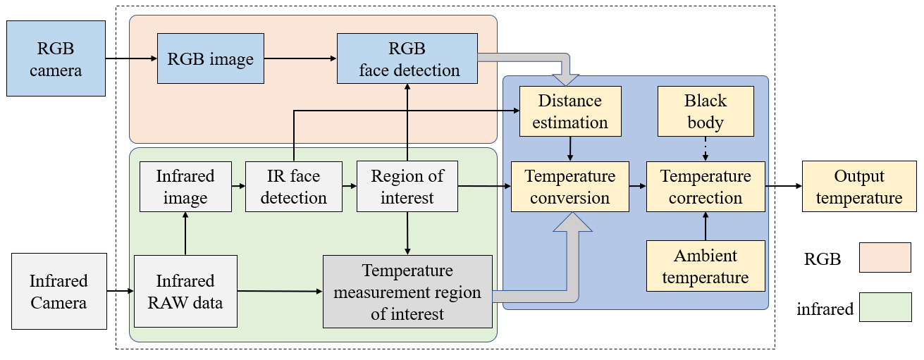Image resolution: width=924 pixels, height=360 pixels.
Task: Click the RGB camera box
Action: tap(56, 58)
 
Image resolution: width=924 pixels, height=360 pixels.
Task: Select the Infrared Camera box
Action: tap(59, 291)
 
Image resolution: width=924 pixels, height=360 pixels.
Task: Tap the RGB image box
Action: tap(211, 59)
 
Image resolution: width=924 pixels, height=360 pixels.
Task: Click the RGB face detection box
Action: tap(407, 59)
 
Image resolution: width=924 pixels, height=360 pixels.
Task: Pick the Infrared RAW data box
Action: tap(185, 291)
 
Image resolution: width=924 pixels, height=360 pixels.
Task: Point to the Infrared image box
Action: tap(185, 187)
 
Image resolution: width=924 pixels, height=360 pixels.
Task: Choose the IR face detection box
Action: tap(293, 187)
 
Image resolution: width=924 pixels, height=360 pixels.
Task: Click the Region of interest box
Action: tap(407, 187)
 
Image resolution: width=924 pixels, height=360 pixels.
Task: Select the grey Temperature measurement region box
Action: tap(407, 291)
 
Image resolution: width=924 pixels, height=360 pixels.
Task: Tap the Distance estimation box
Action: tap(570, 111)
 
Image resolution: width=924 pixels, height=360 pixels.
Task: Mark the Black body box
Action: tap(705, 111)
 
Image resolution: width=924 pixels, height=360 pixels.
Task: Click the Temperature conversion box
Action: tap(570, 187)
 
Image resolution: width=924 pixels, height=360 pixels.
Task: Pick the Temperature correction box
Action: tap(706, 187)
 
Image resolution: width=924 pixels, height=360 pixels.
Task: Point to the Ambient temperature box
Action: tap(706, 266)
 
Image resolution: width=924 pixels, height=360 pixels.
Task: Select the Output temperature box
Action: tap(858, 187)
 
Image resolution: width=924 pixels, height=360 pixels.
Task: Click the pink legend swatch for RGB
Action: tap(885, 258)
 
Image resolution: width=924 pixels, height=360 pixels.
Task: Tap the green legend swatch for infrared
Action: tap(885, 308)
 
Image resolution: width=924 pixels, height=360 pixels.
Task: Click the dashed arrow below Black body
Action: tap(706, 149)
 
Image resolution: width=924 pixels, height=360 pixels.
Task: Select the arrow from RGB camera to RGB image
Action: tap(131, 59)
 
